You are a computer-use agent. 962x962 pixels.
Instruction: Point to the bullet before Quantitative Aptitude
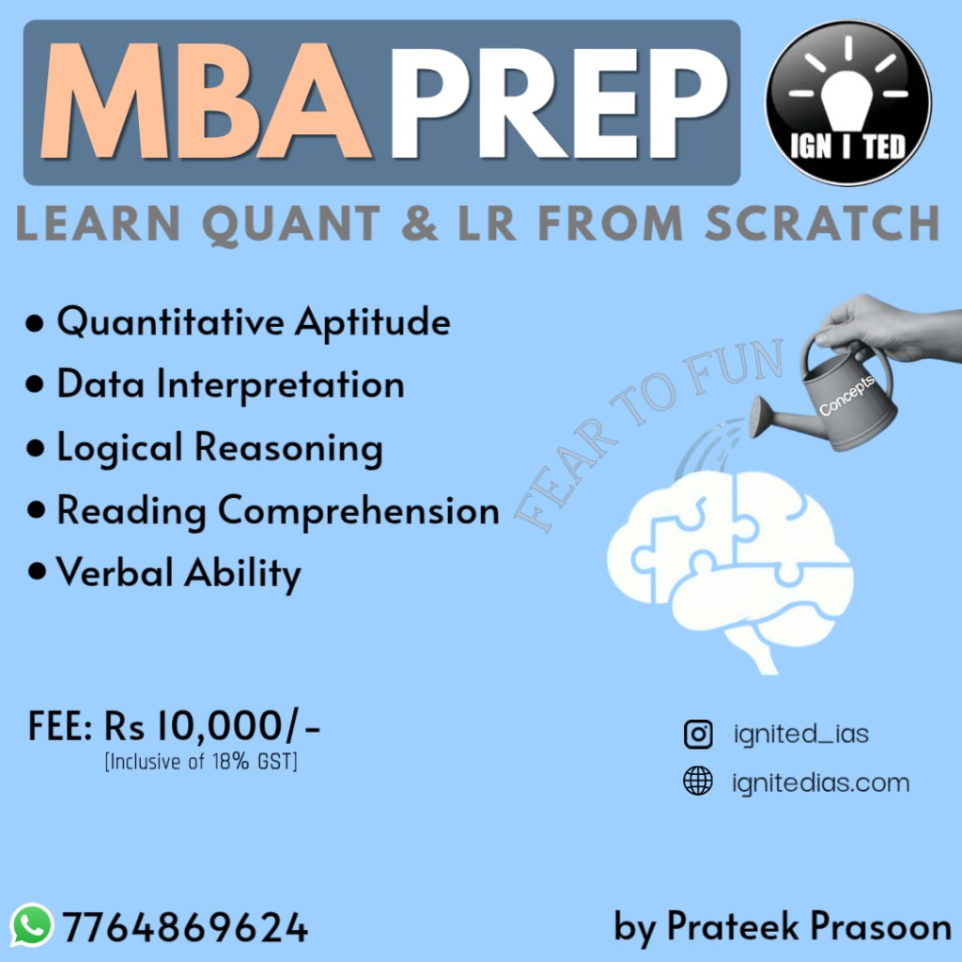(35, 323)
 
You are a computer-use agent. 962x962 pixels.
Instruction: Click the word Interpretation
(280, 385)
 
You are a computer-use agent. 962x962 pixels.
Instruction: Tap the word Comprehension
(359, 510)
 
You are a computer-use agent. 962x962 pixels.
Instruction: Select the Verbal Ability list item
(164, 573)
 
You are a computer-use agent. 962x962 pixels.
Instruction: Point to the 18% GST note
(201, 762)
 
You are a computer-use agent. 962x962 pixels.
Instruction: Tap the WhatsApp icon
(32, 925)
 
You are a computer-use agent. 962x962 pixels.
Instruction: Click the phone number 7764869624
(185, 927)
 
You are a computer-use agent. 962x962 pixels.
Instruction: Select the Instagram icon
(698, 735)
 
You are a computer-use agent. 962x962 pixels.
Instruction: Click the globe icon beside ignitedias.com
(698, 781)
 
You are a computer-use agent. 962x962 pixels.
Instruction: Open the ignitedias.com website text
(821, 783)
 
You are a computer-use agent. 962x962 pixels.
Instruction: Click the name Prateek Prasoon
(809, 926)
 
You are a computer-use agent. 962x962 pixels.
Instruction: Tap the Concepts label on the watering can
(846, 396)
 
